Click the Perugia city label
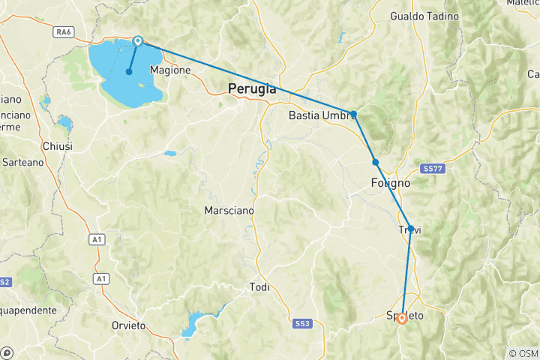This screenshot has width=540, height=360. pyautogui.click(x=252, y=89)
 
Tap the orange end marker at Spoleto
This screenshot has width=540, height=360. pyautogui.click(x=402, y=318)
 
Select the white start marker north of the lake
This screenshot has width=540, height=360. pyautogui.click(x=138, y=41)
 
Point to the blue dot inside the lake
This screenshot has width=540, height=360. pyautogui.click(x=129, y=72)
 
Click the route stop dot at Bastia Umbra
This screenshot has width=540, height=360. pyautogui.click(x=353, y=114)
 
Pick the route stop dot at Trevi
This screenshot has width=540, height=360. pyautogui.click(x=410, y=228)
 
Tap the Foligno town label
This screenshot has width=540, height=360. pyautogui.click(x=390, y=182)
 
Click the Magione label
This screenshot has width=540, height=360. pyautogui.click(x=171, y=70)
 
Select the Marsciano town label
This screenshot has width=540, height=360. pyautogui.click(x=229, y=211)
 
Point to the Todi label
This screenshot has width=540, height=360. pyautogui.click(x=259, y=286)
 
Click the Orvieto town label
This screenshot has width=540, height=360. pyautogui.click(x=127, y=325)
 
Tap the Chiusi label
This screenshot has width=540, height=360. pyautogui.click(x=58, y=146)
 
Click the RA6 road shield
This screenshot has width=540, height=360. pyautogui.click(x=62, y=53)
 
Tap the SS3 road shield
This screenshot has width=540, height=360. pyautogui.click(x=302, y=323)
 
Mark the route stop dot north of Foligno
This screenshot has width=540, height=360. pyautogui.click(x=375, y=162)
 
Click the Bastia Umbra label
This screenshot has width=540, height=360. pyautogui.click(x=321, y=116)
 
